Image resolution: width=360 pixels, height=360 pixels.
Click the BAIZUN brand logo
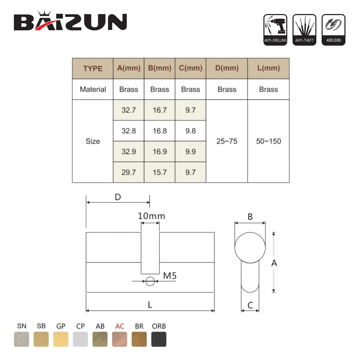click(x=70, y=21)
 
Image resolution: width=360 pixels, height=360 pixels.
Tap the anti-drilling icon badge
click(x=275, y=30)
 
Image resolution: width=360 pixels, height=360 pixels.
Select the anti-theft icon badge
click(x=304, y=30)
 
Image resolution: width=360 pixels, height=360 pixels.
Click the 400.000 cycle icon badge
click(x=334, y=30)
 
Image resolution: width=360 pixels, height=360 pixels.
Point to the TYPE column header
click(x=93, y=68)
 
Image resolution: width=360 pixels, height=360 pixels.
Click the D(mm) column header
click(x=227, y=68)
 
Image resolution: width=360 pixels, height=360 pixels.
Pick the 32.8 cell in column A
click(x=129, y=131)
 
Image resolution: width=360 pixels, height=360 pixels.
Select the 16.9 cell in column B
click(x=160, y=152)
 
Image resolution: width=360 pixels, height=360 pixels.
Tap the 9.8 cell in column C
click(x=191, y=131)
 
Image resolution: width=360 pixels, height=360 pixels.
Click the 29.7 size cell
click(x=129, y=172)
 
